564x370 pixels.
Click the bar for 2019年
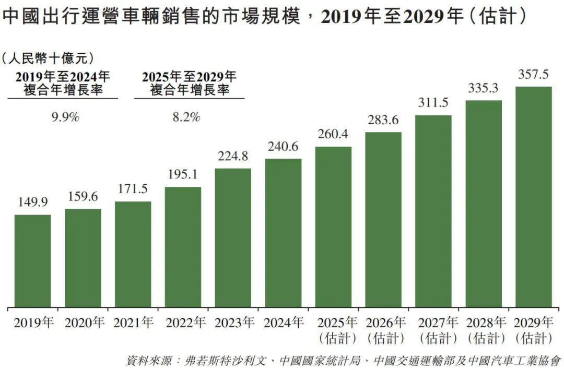[32, 261]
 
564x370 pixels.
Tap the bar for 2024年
[283, 233]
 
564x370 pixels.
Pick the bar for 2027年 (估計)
[433, 211]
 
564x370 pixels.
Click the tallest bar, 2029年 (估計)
[534, 197]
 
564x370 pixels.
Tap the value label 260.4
[333, 135]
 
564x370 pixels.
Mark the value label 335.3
[484, 89]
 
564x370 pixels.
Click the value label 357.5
[534, 75]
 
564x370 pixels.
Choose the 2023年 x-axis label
[233, 323]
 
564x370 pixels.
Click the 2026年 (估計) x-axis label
[383, 330]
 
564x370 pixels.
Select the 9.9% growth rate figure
[65, 117]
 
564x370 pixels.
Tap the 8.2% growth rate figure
[186, 117]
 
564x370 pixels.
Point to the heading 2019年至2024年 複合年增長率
[63, 83]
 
